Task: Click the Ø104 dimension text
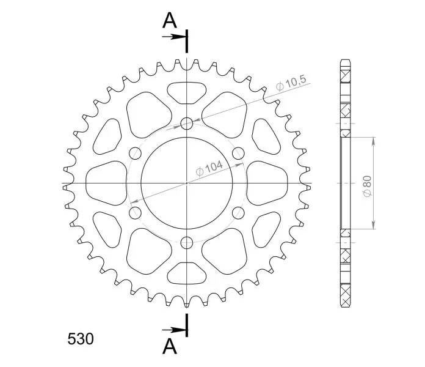209,168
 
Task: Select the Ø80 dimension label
368,186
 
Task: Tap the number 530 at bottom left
81,339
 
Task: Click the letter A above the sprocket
170,21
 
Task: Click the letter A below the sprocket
170,346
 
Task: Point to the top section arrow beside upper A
173,37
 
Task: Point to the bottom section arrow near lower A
173,330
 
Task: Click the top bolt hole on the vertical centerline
187,124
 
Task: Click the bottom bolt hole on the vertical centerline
187,242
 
